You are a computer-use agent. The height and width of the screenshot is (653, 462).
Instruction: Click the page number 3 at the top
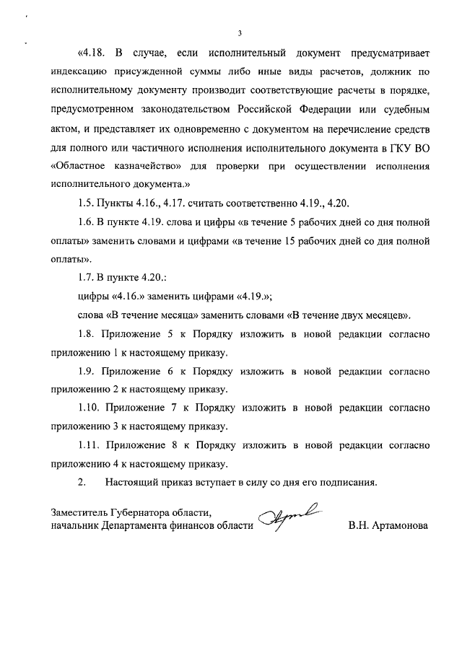tap(239, 32)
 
